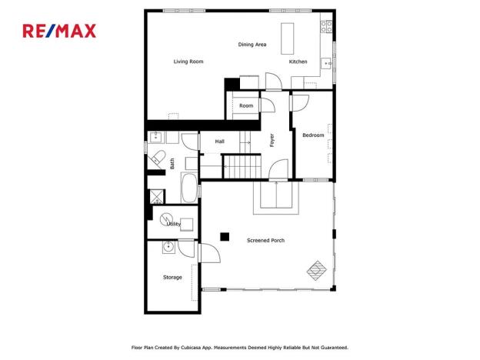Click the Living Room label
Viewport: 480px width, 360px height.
[188, 62]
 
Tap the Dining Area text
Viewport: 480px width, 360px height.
[252, 45]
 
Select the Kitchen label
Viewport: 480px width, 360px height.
[298, 62]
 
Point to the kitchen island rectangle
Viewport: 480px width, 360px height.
[288, 37]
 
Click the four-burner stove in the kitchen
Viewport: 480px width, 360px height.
[327, 29]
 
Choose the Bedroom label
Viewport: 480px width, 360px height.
[313, 136]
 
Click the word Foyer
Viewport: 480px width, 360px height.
[272, 141]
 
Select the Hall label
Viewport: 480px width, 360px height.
[220, 142]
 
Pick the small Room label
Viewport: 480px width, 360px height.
[246, 106]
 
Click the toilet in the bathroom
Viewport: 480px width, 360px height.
[158, 159]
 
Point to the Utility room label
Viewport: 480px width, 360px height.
[174, 224]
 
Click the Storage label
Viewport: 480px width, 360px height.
[172, 277]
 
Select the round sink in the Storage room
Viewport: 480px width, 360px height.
[168, 248]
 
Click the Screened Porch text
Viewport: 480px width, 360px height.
[265, 241]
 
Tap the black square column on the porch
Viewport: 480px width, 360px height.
[224, 236]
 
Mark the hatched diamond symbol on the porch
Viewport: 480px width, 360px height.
[317, 270]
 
